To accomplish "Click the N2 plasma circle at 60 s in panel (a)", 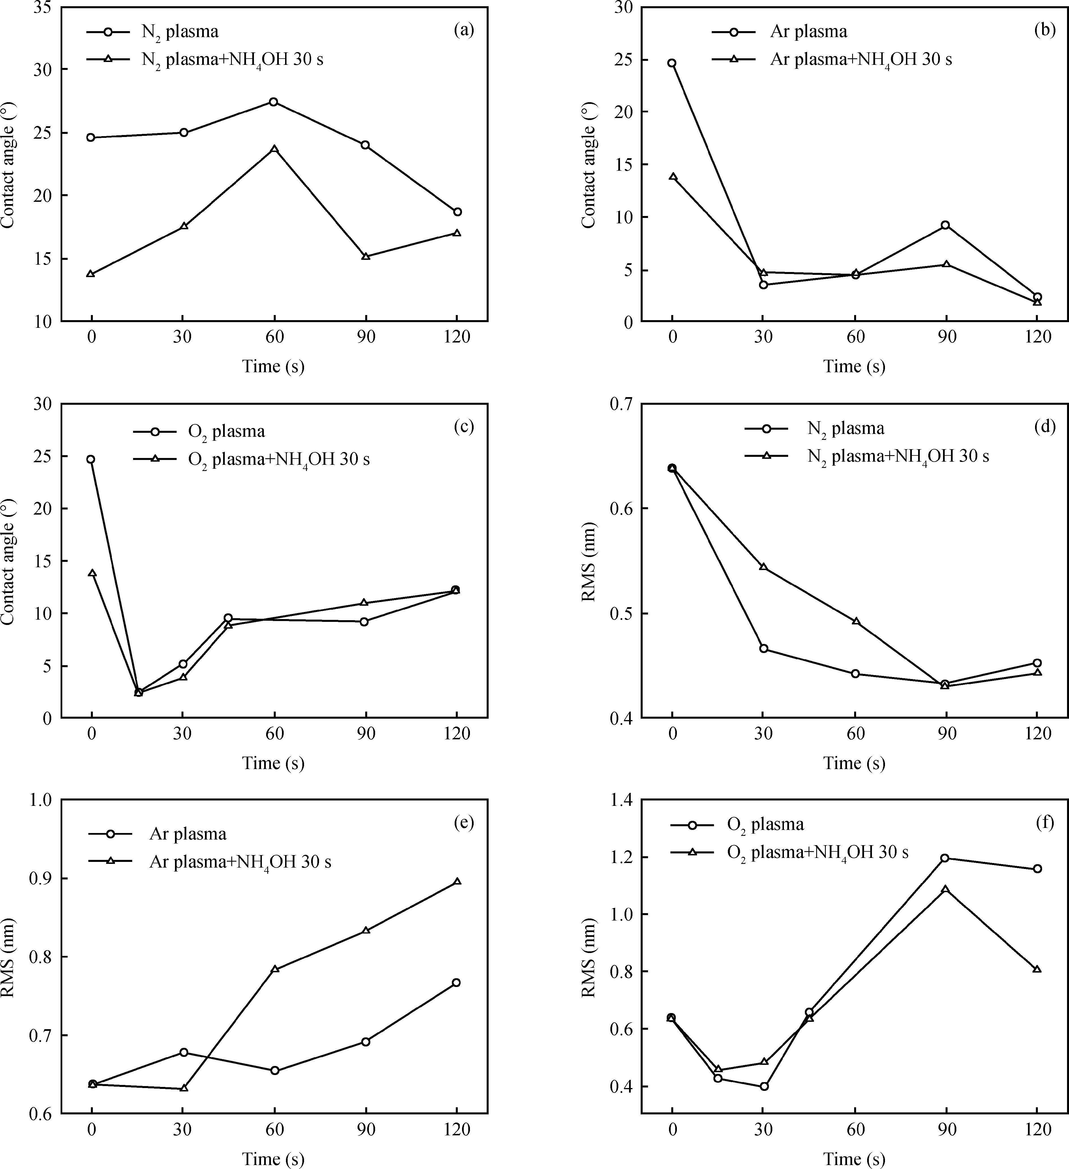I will (274, 102).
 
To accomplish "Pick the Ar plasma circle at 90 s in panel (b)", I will (946, 225).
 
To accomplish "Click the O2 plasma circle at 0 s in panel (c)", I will (91, 459).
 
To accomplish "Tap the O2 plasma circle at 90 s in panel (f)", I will (946, 858).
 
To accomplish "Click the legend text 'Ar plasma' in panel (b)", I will (809, 31).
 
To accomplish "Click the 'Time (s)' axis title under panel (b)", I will (854, 367).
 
